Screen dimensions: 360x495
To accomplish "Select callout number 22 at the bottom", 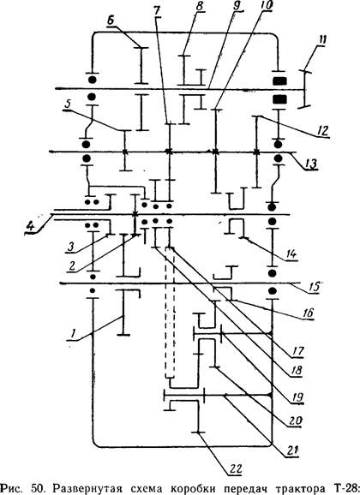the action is click(235, 468).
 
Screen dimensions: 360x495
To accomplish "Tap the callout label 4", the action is click(30, 226).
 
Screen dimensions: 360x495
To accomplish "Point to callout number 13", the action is click(311, 164).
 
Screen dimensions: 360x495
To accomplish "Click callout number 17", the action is click(297, 350).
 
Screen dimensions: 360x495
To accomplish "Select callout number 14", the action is click(291, 253).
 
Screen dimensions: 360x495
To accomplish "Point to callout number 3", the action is click(71, 247).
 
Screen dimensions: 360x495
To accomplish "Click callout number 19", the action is click(297, 397).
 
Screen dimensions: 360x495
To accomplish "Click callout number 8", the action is click(200, 7).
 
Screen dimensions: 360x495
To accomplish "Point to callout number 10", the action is click(267, 4).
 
